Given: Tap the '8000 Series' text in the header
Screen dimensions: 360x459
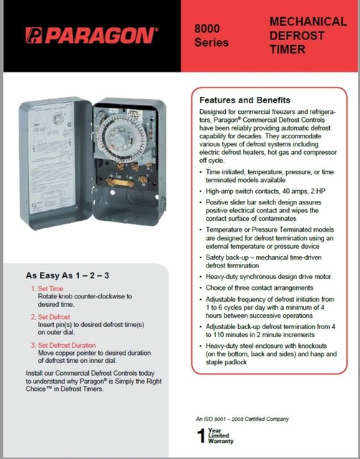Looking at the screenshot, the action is click(x=212, y=35).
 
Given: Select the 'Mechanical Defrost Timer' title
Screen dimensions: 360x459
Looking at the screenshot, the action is click(x=297, y=35).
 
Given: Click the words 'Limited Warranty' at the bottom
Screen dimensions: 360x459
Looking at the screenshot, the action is click(x=221, y=439).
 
